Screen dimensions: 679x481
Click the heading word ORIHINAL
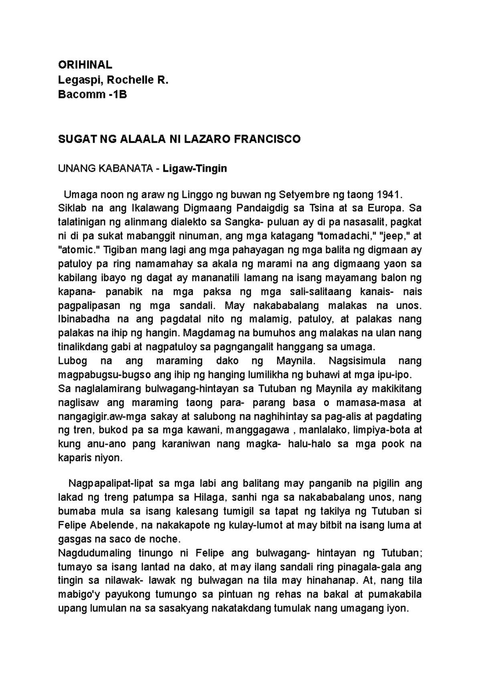coord(85,65)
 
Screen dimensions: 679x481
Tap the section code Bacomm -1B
coord(93,95)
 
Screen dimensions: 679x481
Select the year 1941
coord(388,195)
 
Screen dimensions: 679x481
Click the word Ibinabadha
coord(82,319)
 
